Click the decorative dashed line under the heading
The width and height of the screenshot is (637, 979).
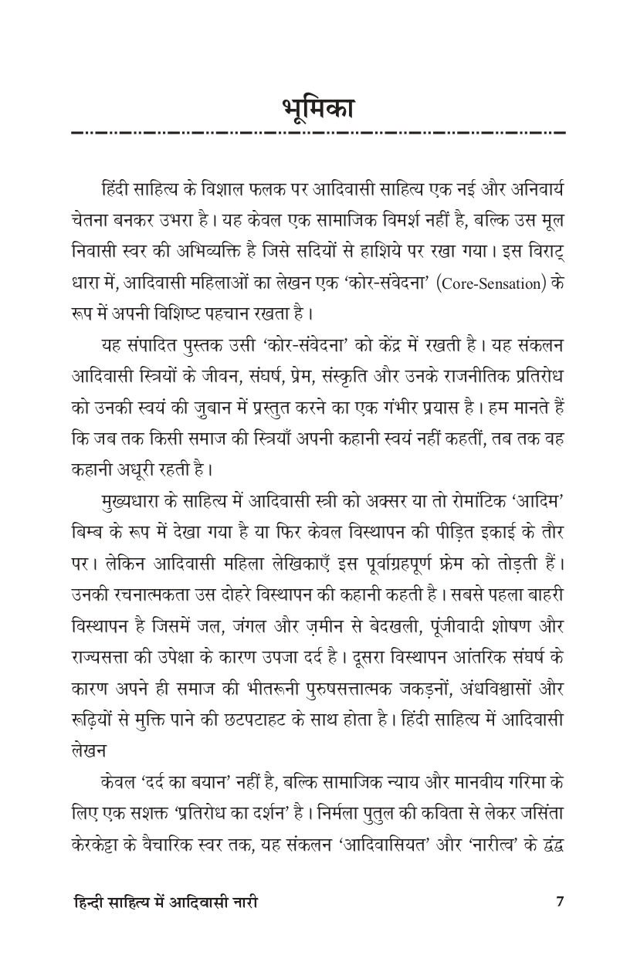pyautogui.click(x=318, y=134)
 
